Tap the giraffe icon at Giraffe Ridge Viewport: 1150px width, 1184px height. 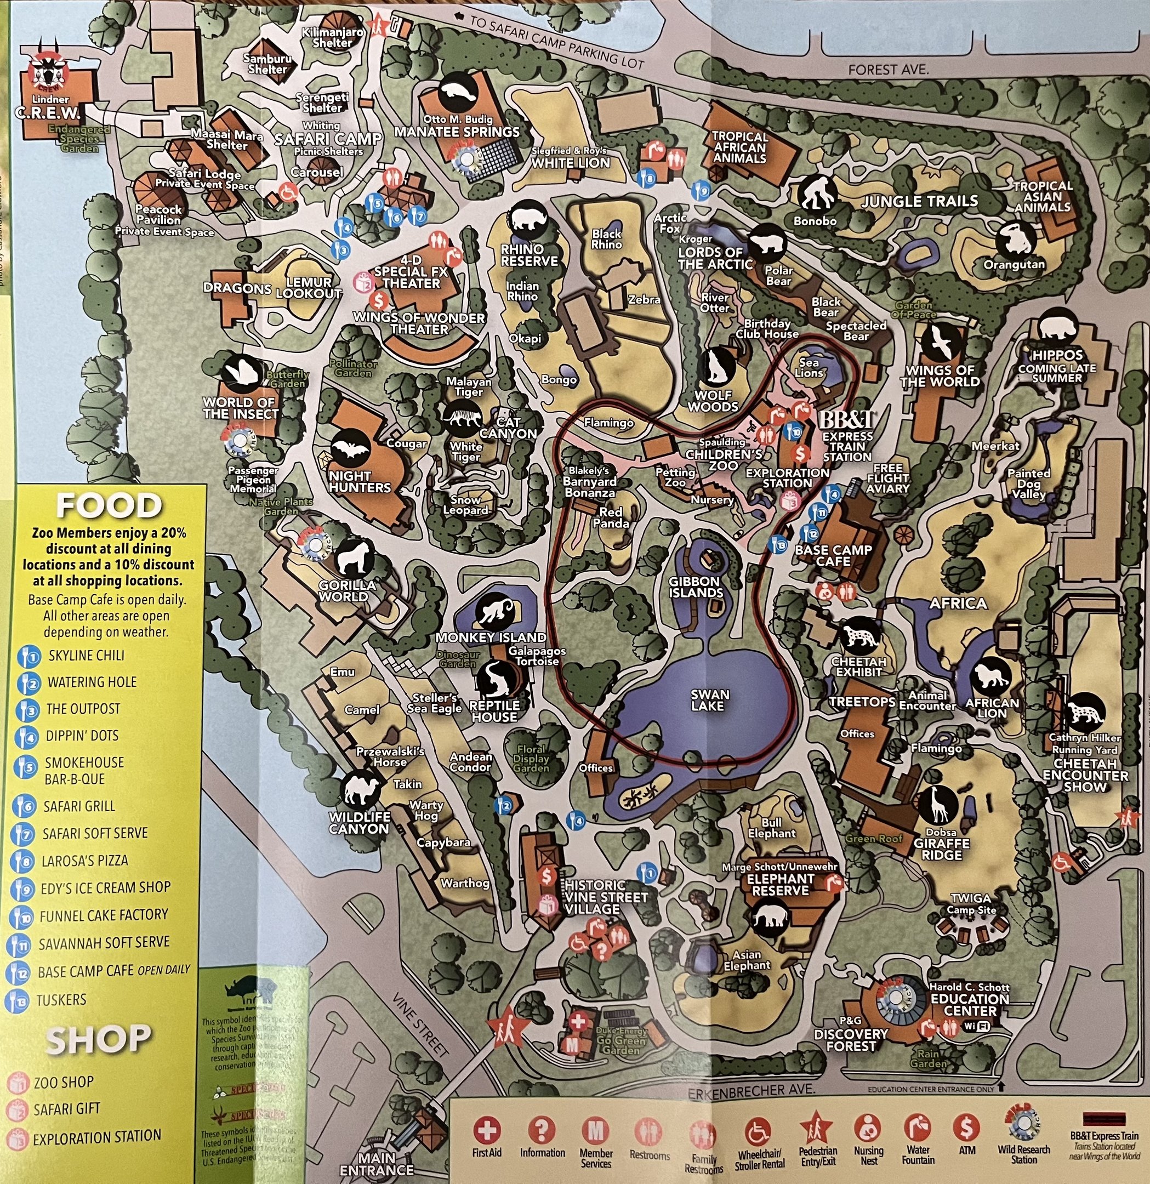pos(938,805)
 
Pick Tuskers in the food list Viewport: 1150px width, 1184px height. pos(61,1000)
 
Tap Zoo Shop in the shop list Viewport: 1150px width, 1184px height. pos(64,1082)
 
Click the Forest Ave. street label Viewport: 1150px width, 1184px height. pos(887,70)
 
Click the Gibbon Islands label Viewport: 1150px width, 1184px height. pos(696,587)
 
